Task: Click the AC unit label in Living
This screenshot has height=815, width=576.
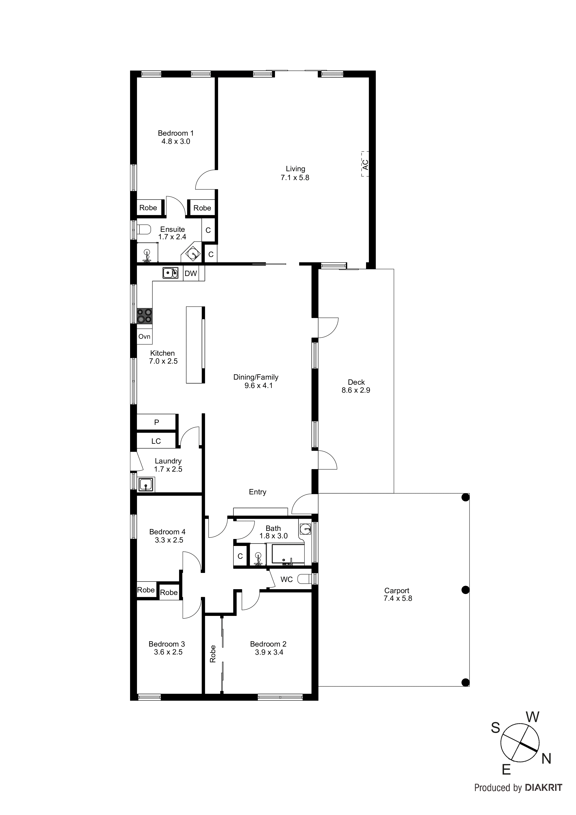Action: [x=365, y=164]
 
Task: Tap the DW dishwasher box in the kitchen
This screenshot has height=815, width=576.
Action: [x=191, y=274]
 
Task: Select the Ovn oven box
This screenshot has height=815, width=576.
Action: [x=144, y=336]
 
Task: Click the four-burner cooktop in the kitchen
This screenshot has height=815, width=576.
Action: [x=145, y=315]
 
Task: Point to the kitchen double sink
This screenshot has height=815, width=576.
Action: [x=170, y=273]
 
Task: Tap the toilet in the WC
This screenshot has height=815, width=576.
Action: [x=304, y=579]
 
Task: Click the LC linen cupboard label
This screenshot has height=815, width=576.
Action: [x=156, y=441]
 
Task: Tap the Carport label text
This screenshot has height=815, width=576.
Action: [x=397, y=591]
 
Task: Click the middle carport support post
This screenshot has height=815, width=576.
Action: [x=465, y=590]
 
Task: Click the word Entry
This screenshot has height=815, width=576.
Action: [x=257, y=492]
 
